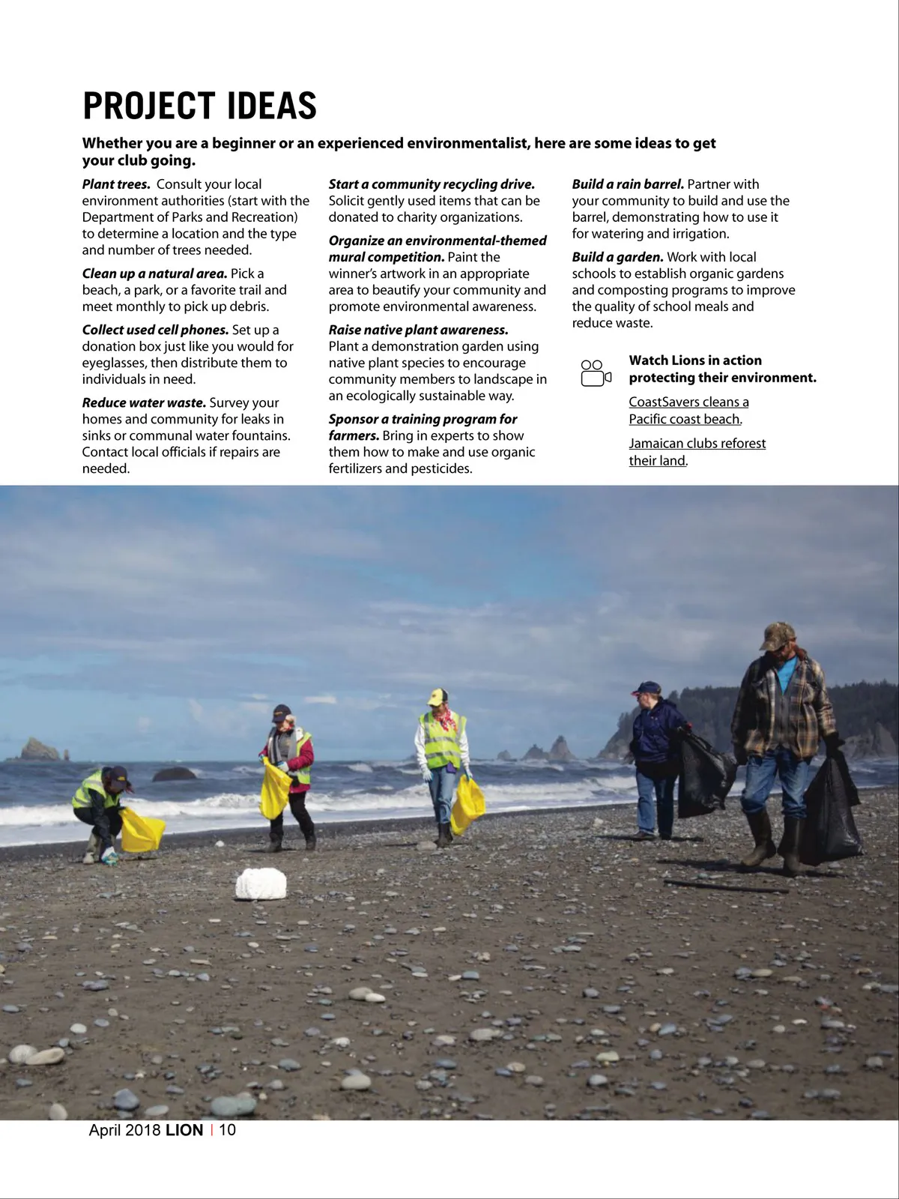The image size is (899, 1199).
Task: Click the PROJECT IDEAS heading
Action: click(x=199, y=106)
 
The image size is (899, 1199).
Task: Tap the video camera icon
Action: click(x=596, y=372)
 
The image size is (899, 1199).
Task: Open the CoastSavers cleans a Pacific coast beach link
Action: click(x=688, y=411)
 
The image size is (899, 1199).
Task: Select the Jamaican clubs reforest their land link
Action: click(x=697, y=452)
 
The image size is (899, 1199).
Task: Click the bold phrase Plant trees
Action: click(x=116, y=184)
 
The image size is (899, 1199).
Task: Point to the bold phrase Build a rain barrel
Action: click(x=628, y=184)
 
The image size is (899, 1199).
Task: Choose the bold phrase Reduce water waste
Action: click(x=144, y=403)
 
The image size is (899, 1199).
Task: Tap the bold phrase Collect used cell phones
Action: click(x=155, y=330)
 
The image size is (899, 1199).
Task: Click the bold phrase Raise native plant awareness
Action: click(x=418, y=330)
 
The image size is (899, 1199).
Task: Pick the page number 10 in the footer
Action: click(x=227, y=1130)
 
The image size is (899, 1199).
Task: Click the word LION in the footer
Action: click(x=184, y=1130)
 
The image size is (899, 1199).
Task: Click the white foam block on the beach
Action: click(x=261, y=884)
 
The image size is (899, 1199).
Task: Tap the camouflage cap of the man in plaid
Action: click(x=777, y=635)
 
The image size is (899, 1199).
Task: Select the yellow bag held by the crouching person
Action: click(x=142, y=830)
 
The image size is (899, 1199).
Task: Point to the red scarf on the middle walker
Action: click(x=447, y=719)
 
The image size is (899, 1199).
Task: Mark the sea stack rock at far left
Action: click(x=40, y=749)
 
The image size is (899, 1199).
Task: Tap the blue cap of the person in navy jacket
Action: click(x=647, y=688)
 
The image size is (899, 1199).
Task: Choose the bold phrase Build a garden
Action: click(x=617, y=257)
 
